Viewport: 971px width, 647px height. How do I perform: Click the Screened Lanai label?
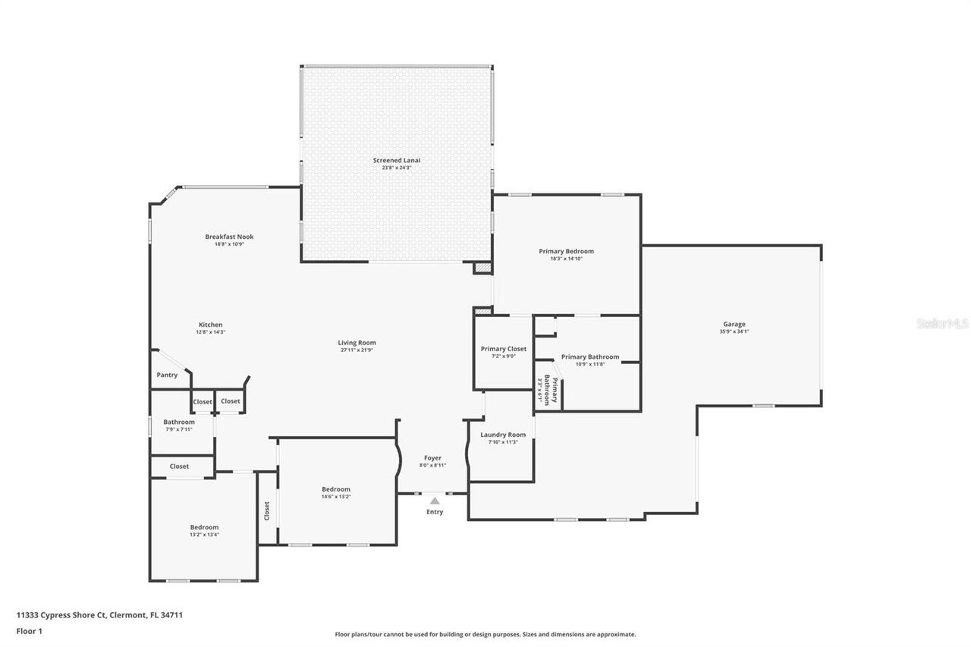tap(396, 160)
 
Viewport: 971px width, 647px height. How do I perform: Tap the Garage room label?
tap(734, 324)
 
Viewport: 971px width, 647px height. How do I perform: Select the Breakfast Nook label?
tap(229, 237)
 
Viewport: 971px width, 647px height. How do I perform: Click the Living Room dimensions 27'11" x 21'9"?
tap(357, 350)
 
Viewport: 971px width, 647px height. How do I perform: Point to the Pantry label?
tap(167, 375)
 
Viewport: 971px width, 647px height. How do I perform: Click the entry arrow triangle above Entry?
tap(435, 501)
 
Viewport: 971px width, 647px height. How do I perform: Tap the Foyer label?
tap(432, 458)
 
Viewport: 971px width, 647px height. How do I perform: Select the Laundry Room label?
tap(503, 435)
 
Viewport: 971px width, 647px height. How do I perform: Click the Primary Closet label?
tap(504, 349)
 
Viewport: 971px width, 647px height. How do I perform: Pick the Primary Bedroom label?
tap(566, 251)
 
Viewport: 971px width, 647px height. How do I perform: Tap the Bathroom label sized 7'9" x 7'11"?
tap(179, 422)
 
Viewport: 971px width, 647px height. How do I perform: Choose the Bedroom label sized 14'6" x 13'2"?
tap(336, 489)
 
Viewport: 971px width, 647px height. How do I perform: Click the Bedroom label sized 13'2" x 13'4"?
tap(204, 527)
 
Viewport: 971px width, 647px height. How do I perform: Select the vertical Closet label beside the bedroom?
tap(267, 510)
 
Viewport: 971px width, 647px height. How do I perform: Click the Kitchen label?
tap(211, 325)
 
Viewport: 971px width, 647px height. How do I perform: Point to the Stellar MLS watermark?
tap(942, 323)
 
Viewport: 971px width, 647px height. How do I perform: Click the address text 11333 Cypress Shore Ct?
tap(61, 615)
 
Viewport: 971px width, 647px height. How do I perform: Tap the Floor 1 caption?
tap(30, 630)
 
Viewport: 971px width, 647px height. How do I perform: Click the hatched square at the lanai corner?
tap(482, 268)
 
